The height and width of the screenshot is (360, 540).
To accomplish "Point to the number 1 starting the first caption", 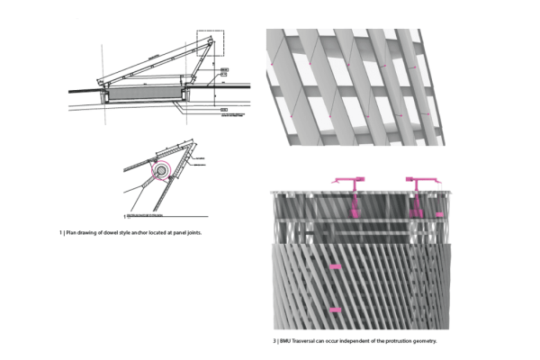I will point(61,232).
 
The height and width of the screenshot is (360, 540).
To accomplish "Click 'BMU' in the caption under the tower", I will point(285,341).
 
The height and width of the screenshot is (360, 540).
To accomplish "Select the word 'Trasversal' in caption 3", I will point(307,341).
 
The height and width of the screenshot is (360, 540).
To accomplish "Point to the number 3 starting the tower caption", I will point(274,341).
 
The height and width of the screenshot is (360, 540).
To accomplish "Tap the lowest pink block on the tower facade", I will point(335,310).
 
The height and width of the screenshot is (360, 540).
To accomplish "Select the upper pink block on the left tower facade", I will point(335,267).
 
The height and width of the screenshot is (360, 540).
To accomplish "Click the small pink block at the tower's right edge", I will point(438,215).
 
